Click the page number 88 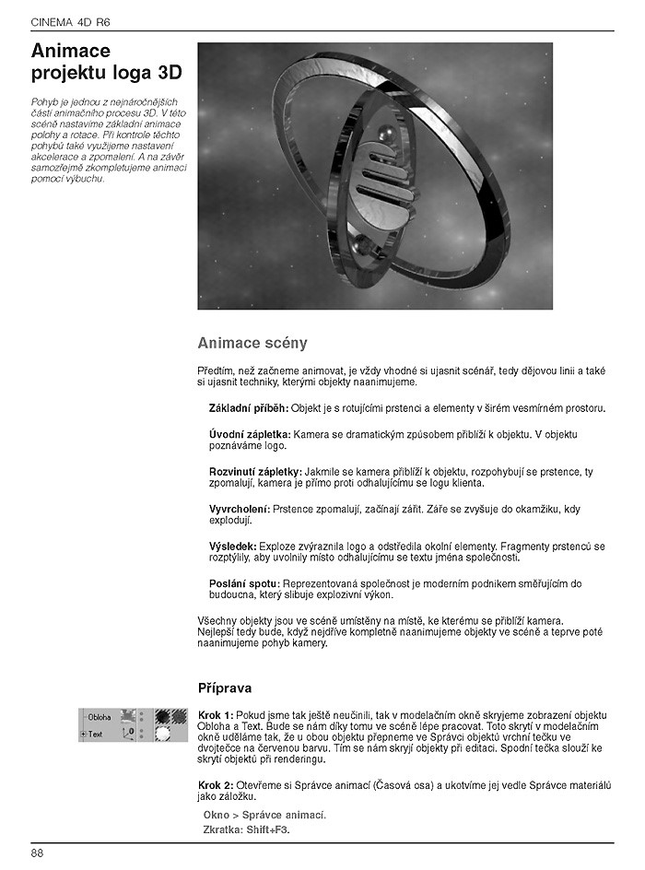click(x=37, y=853)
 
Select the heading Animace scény click(x=252, y=344)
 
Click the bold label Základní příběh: click(x=248, y=407)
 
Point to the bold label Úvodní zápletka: click(x=250, y=434)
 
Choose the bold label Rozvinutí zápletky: click(x=255, y=472)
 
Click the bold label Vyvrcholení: click(x=240, y=509)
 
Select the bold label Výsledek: click(x=233, y=547)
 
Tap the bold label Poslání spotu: click(x=244, y=584)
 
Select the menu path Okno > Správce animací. click(x=264, y=816)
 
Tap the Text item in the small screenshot click(x=96, y=735)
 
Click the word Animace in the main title click(x=71, y=52)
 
